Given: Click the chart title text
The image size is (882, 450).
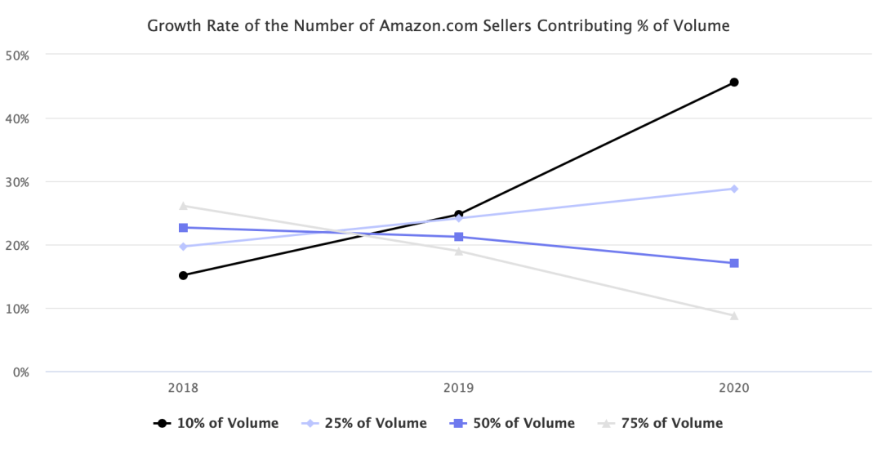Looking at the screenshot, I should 438,26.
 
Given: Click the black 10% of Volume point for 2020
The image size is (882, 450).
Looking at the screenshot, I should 734,82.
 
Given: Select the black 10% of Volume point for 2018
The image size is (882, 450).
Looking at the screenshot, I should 183,275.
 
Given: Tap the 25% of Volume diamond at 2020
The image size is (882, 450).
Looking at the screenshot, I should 734,189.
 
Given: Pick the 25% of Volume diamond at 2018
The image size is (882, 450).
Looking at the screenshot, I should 183,247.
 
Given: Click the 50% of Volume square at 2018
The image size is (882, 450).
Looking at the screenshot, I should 183,228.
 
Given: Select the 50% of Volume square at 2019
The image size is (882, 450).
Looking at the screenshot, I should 459,237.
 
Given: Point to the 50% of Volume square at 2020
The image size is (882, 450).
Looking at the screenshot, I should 734,263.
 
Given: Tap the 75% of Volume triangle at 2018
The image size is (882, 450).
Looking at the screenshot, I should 183,206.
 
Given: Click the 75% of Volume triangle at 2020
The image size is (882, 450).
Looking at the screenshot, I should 734,316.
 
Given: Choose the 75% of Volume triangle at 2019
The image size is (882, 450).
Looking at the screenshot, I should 459,251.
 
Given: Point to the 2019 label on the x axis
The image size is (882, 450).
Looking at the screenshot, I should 459,389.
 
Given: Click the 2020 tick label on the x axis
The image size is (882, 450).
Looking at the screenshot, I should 734,389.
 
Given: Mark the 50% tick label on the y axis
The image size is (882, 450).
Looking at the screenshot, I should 18,55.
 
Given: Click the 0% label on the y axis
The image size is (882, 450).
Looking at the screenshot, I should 20,372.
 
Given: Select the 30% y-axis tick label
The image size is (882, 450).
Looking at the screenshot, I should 18,182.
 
